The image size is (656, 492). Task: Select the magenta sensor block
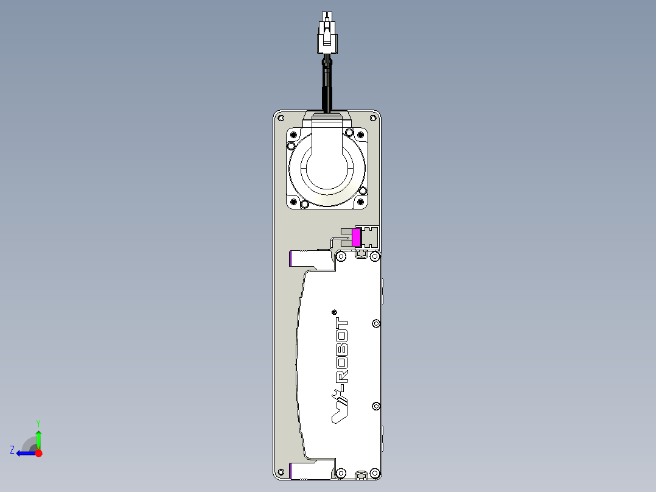[x=357, y=236]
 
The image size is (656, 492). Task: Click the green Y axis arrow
[x=38, y=437]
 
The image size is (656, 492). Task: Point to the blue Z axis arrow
[x=24, y=452]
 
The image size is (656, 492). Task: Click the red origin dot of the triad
[x=39, y=453]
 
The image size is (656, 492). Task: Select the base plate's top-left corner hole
[x=281, y=118]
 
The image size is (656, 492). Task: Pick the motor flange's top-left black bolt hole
[x=293, y=146]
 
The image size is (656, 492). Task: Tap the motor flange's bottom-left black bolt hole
[x=295, y=202]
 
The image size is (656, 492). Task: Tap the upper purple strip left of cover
[x=291, y=259]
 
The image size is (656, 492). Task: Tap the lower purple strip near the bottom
[x=291, y=470]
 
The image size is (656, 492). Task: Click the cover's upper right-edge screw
[x=375, y=323]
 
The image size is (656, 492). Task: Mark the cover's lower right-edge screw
[x=375, y=406]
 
